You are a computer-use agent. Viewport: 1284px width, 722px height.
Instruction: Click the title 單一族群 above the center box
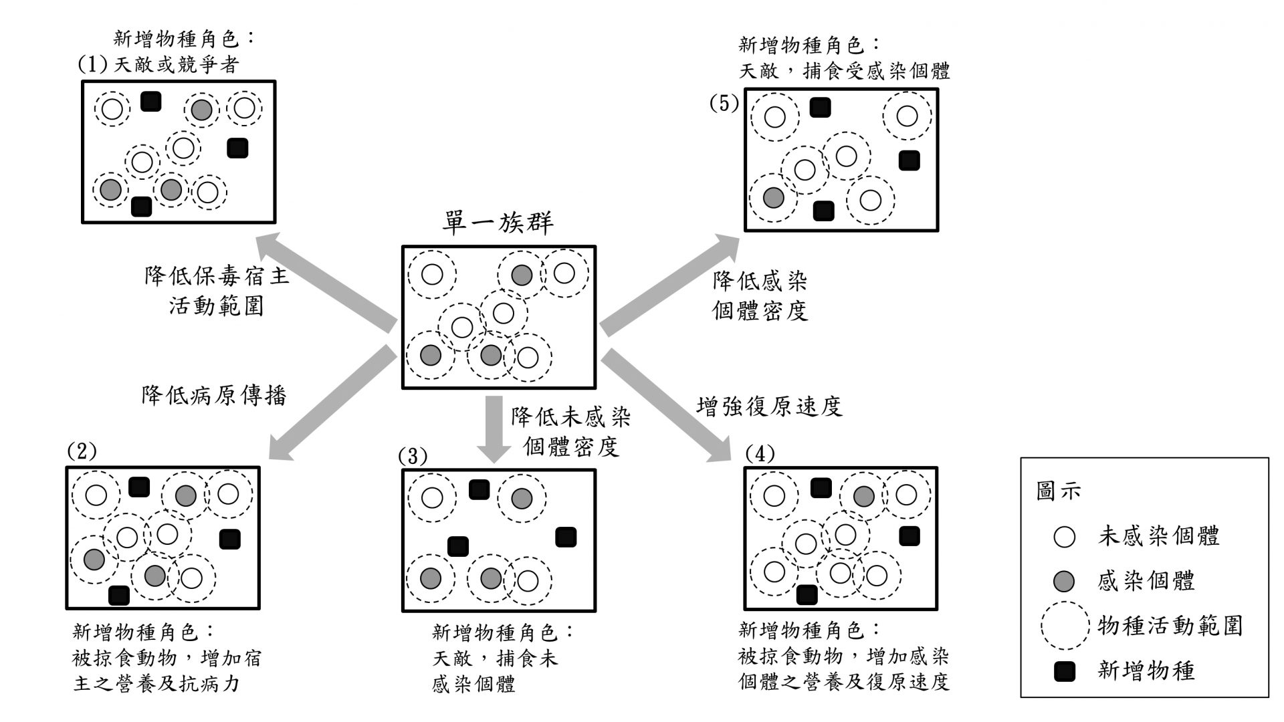click(498, 223)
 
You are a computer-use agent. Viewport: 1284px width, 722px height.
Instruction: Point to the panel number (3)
click(412, 457)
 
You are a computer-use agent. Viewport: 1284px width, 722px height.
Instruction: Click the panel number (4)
click(760, 454)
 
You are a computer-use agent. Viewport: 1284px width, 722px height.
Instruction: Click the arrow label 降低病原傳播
click(213, 395)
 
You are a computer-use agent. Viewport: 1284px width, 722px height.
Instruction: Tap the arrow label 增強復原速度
click(769, 406)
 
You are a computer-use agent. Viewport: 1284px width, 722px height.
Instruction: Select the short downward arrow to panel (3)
click(494, 428)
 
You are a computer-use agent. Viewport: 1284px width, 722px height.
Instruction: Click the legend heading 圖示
click(1058, 491)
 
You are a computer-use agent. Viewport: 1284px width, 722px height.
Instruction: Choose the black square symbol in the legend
click(1064, 671)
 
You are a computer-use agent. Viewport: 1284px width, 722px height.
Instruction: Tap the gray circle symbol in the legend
click(1064, 581)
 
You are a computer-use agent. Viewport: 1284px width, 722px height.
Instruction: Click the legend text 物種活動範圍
click(1170, 625)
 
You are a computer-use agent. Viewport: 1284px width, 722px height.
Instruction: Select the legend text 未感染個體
click(1158, 535)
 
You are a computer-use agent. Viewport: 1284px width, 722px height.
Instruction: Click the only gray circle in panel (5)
click(773, 197)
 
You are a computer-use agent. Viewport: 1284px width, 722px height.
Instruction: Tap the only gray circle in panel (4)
click(863, 496)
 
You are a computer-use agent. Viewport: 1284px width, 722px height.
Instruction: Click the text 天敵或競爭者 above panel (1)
click(177, 65)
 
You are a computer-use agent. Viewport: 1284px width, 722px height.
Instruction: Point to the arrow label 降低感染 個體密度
click(760, 295)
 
